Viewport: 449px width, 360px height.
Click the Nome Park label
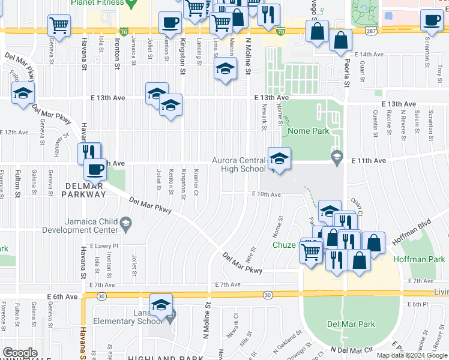306,131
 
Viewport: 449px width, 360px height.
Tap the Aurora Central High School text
238,164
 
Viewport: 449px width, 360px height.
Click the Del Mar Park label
351,324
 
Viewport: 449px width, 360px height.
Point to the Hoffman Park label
419,259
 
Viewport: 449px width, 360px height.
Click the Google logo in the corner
20,352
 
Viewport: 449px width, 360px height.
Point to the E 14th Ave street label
369,55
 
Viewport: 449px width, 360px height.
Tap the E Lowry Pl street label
104,246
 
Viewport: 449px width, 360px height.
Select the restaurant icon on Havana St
89,152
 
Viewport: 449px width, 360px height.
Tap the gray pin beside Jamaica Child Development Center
126,226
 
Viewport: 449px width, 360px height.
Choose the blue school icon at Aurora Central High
279,159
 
